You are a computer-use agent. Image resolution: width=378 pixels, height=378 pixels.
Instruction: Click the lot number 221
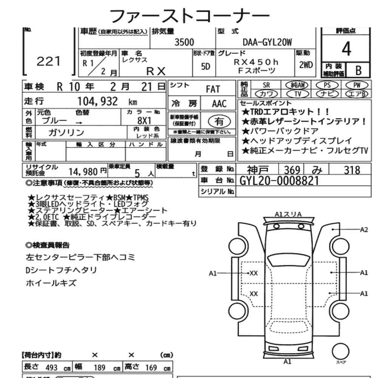(x=48, y=61)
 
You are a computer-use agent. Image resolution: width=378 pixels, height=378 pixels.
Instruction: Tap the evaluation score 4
(x=346, y=49)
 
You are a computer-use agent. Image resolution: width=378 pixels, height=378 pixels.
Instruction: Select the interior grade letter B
(x=358, y=70)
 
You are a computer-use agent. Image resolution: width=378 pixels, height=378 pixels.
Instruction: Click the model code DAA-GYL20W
(x=267, y=42)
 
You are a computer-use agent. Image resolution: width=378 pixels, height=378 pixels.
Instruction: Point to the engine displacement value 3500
(x=184, y=42)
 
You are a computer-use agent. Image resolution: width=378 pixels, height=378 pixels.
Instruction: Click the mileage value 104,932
(x=98, y=101)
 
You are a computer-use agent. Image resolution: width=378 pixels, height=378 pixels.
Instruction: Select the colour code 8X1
(x=144, y=120)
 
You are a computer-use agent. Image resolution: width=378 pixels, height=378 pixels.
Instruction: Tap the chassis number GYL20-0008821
(x=279, y=181)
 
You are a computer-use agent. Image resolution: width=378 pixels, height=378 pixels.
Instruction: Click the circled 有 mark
(x=219, y=121)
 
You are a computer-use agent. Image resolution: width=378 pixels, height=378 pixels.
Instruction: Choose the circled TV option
(x=298, y=93)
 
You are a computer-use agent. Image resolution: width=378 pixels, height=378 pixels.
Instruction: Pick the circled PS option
(x=327, y=85)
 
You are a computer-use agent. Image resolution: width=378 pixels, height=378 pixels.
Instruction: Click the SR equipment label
(x=266, y=85)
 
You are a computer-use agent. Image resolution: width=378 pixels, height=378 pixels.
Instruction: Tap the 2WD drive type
(x=306, y=65)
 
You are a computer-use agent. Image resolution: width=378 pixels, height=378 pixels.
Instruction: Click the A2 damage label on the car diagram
(x=364, y=230)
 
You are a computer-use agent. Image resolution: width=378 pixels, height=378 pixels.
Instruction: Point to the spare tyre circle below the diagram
(x=341, y=351)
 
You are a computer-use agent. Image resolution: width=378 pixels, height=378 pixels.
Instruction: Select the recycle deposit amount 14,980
(x=83, y=172)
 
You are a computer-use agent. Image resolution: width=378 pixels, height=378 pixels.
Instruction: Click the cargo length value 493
(x=51, y=368)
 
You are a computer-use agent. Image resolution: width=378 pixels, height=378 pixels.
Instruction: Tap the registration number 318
(x=352, y=170)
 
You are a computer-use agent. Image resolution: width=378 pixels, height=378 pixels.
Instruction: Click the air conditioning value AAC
(x=219, y=104)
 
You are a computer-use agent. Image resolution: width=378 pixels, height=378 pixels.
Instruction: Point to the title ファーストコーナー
(x=189, y=16)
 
